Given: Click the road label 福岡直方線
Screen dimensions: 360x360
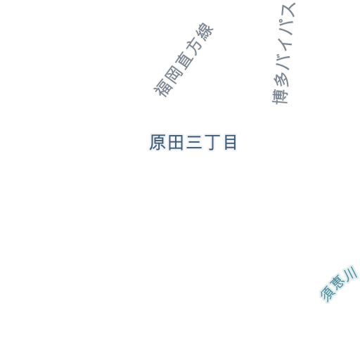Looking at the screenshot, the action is [184, 60].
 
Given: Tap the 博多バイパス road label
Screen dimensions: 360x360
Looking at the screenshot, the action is [283, 53].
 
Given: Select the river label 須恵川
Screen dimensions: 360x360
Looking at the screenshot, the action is [339, 284].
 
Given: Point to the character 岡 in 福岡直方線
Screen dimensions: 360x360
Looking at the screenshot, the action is [173, 74].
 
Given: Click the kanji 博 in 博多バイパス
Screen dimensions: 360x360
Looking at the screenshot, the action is [280, 97].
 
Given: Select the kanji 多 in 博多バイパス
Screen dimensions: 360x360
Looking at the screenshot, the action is [281, 79].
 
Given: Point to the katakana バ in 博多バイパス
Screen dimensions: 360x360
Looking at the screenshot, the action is [283, 62].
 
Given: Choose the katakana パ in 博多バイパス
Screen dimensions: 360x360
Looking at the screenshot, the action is [286, 27].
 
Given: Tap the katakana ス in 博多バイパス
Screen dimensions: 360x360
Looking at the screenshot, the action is [288, 10].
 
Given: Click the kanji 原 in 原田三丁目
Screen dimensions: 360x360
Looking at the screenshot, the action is [157, 142].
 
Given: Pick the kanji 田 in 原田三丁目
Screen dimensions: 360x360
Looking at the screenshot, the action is [176, 143].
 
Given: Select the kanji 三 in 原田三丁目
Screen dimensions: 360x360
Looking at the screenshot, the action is [194, 143].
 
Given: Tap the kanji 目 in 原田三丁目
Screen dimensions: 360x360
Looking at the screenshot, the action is [230, 143].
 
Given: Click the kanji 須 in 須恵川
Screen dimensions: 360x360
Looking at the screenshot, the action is [328, 295].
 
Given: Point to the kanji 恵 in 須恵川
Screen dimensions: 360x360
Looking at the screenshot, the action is [338, 284].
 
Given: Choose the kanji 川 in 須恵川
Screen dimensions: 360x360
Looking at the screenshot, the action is [350, 274].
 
